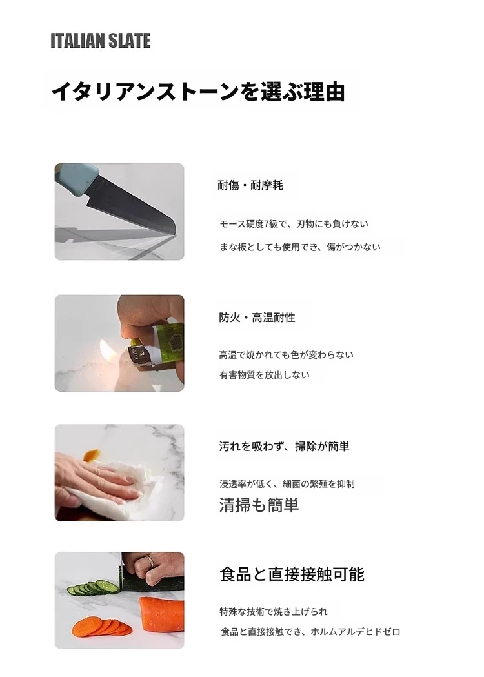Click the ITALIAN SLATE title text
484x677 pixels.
tap(100, 41)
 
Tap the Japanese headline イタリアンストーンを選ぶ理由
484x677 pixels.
tap(198, 92)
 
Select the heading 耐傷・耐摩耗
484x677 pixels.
tap(250, 185)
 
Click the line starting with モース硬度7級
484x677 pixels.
tap(294, 224)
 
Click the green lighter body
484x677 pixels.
tap(168, 343)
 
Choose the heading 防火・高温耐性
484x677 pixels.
tap(257, 318)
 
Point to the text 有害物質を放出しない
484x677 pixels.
tap(264, 374)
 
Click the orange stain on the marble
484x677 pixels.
tap(92, 455)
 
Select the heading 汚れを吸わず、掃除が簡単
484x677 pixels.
tap(284, 446)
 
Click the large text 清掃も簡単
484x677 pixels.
tap(259, 505)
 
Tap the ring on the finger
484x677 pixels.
tap(149, 561)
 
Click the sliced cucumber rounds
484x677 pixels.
tap(93, 588)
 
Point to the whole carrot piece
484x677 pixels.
tap(162, 614)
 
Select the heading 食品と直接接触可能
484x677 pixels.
tap(292, 574)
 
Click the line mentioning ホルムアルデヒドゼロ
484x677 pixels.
tap(310, 631)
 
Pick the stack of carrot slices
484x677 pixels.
tap(102, 627)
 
